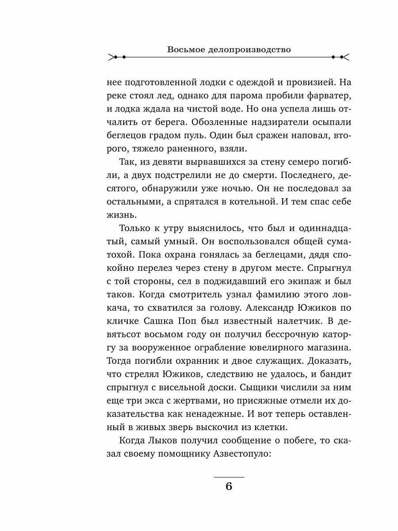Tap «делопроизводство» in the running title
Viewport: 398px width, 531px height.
point(251,50)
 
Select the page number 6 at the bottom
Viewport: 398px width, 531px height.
point(229,486)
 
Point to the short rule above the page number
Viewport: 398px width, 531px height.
point(229,477)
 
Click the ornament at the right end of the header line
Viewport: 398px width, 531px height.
point(341,57)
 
